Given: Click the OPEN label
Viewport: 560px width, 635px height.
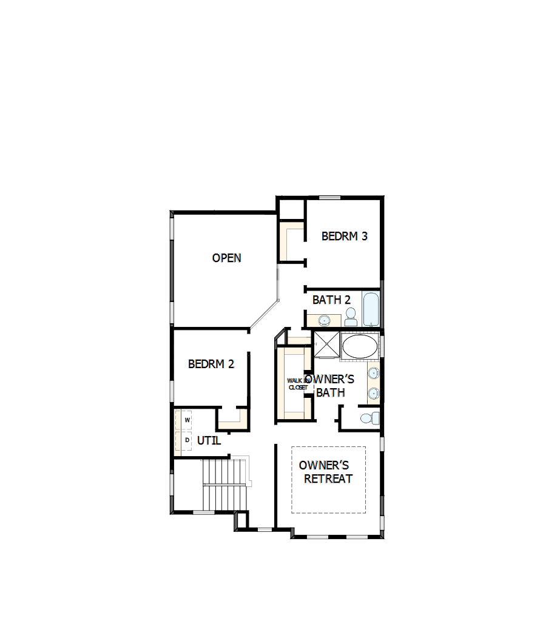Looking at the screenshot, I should tap(226, 258).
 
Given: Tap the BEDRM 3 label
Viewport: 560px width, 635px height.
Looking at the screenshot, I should tap(344, 236).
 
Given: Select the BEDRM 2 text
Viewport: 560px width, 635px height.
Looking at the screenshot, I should tap(211, 364).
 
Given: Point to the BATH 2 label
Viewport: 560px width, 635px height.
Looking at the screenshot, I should tap(331, 300).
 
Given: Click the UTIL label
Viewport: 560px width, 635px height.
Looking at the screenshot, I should tap(209, 441).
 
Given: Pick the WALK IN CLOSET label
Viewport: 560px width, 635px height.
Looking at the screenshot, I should tap(298, 383).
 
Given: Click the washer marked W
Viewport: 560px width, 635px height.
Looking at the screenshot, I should tap(187, 420).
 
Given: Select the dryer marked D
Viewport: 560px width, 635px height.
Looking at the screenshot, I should tap(187, 440).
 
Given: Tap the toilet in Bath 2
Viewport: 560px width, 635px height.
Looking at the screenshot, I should tap(351, 317).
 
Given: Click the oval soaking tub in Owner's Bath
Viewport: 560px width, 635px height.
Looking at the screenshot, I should tap(360, 346).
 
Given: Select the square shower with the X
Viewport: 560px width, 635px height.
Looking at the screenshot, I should tap(326, 344).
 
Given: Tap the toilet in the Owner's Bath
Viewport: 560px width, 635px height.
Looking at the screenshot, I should tap(368, 418).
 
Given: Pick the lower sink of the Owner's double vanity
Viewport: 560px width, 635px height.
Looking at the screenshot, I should tap(373, 394).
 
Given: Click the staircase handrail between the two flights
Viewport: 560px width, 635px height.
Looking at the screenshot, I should tap(225, 484).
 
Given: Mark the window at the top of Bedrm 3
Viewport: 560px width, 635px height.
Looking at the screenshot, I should tap(329, 198).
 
